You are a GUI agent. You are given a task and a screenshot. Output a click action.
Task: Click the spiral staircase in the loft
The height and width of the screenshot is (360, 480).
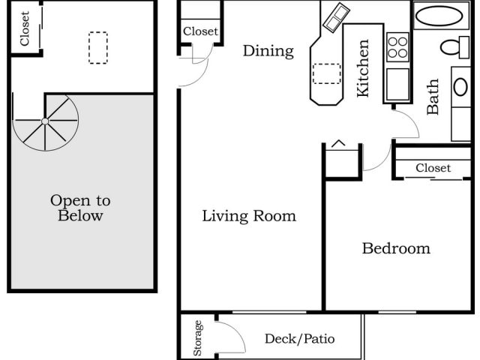[x=46, y=121]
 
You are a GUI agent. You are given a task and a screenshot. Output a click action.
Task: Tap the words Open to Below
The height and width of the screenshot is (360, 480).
[x=79, y=208]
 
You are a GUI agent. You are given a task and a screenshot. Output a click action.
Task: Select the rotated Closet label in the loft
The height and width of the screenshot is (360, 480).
[x=25, y=28]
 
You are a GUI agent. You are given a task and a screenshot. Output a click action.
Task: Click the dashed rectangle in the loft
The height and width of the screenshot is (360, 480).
[x=97, y=47]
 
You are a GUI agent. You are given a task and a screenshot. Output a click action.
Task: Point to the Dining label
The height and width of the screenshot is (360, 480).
[x=268, y=51]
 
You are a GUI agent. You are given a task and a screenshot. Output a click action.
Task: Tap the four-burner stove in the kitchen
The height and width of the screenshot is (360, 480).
[x=397, y=47]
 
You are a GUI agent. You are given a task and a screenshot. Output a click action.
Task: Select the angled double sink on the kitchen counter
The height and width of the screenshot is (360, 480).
[x=336, y=16]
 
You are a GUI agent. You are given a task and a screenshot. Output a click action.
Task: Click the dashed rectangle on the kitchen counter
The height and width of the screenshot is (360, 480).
[x=326, y=73]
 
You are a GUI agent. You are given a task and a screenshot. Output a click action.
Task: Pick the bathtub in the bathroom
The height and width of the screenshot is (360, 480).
[x=439, y=16]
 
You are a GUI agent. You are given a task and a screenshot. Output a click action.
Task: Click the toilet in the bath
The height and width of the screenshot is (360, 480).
[x=454, y=47]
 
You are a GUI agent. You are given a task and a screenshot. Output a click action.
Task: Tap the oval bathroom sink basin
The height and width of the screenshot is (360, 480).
[x=460, y=86]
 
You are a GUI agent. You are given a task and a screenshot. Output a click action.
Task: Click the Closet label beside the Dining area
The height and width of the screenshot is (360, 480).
[x=200, y=31]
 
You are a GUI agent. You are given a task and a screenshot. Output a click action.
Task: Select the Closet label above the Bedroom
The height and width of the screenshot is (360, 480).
[x=433, y=168]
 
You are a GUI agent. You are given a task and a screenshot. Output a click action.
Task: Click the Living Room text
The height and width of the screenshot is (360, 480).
[x=249, y=216]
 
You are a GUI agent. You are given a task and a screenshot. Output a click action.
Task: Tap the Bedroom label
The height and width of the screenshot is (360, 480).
[x=396, y=248]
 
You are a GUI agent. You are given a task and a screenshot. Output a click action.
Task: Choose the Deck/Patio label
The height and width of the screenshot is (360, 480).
[x=299, y=339]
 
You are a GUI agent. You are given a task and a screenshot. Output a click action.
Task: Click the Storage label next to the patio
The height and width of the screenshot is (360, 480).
[x=198, y=337]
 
